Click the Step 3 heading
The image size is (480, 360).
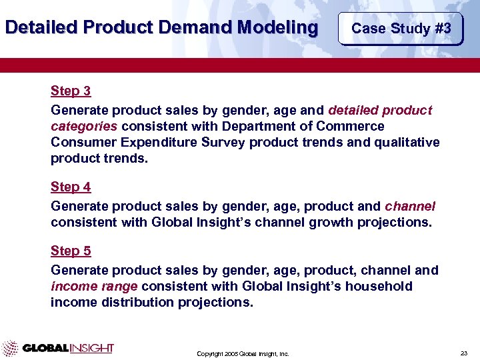[71, 91]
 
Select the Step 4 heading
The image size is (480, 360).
[71, 187]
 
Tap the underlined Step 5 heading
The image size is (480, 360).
[71, 251]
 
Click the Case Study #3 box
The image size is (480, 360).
[401, 29]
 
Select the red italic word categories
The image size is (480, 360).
[84, 126]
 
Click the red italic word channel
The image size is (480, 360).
[410, 206]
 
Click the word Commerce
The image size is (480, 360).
[353, 126]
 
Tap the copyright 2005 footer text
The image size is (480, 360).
[243, 353]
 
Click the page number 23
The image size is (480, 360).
[464, 353]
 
